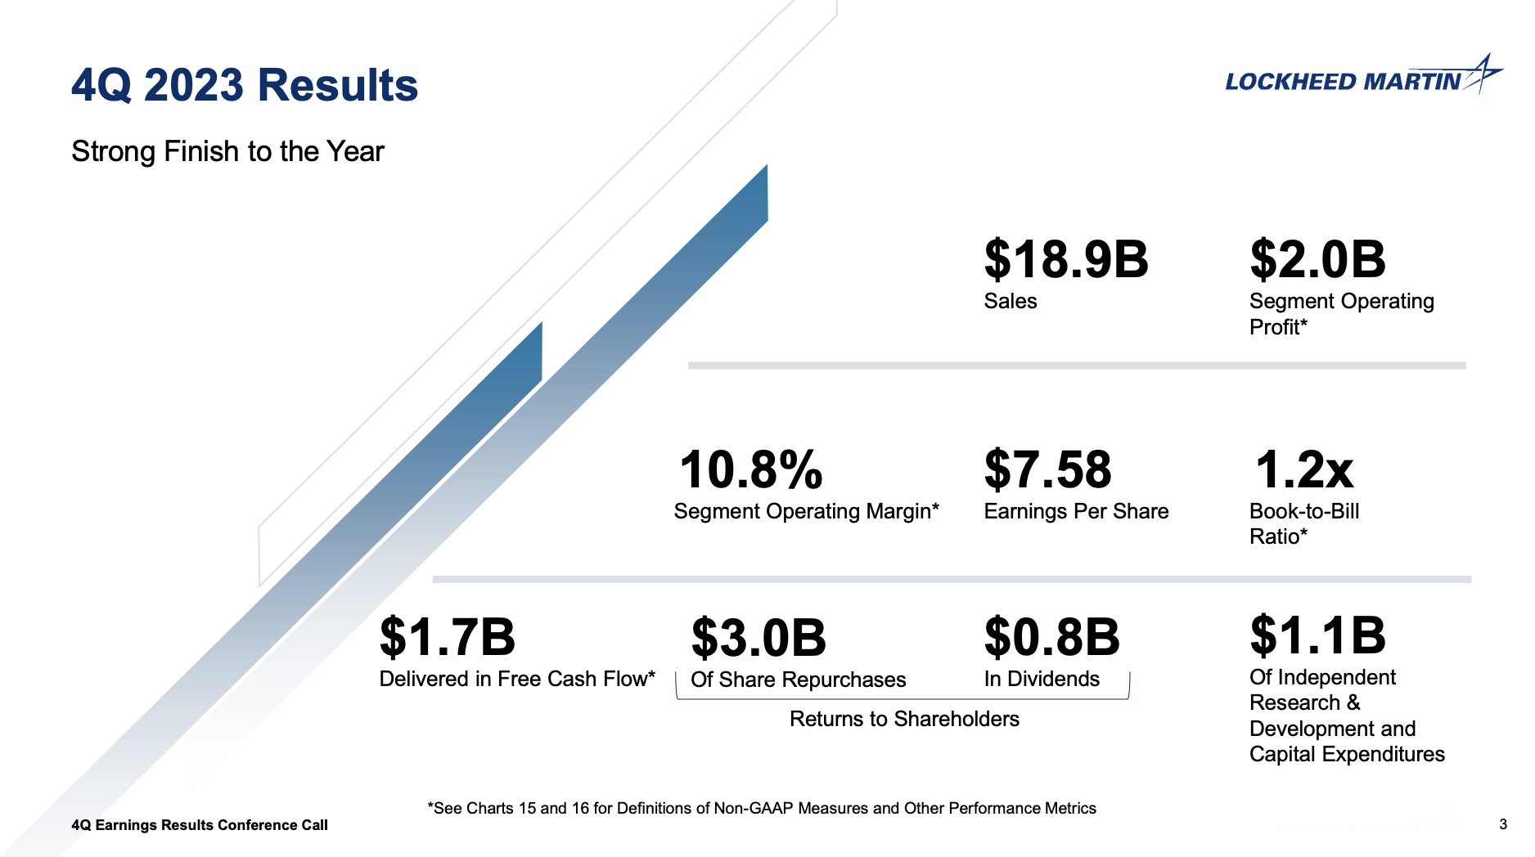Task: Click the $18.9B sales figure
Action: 1065,260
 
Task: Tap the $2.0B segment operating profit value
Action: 1317,260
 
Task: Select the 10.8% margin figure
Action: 750,470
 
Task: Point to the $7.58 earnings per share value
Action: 1047,470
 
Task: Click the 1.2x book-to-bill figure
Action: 1304,470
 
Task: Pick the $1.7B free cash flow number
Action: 448,638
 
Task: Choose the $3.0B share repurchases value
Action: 758,638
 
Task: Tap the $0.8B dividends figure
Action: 1051,638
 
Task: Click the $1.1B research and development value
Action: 1317,635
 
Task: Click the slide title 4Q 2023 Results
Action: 245,85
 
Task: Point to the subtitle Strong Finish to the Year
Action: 227,152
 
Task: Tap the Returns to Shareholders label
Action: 904,719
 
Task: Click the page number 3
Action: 1502,824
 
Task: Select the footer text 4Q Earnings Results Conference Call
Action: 200,825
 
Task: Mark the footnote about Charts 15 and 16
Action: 761,809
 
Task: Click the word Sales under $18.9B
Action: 1010,302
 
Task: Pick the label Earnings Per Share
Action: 1076,512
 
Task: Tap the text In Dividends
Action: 1041,680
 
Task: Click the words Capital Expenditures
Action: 1347,755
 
